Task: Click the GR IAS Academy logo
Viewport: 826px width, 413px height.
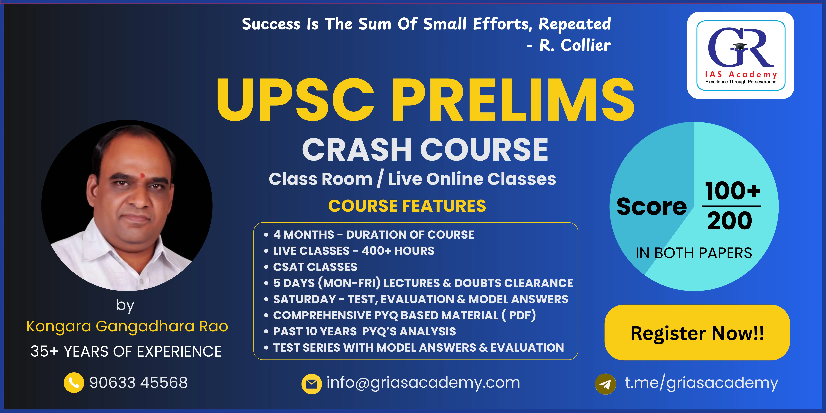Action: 740,55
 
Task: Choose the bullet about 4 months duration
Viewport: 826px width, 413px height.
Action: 373,235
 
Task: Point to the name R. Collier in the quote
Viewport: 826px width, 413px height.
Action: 575,45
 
